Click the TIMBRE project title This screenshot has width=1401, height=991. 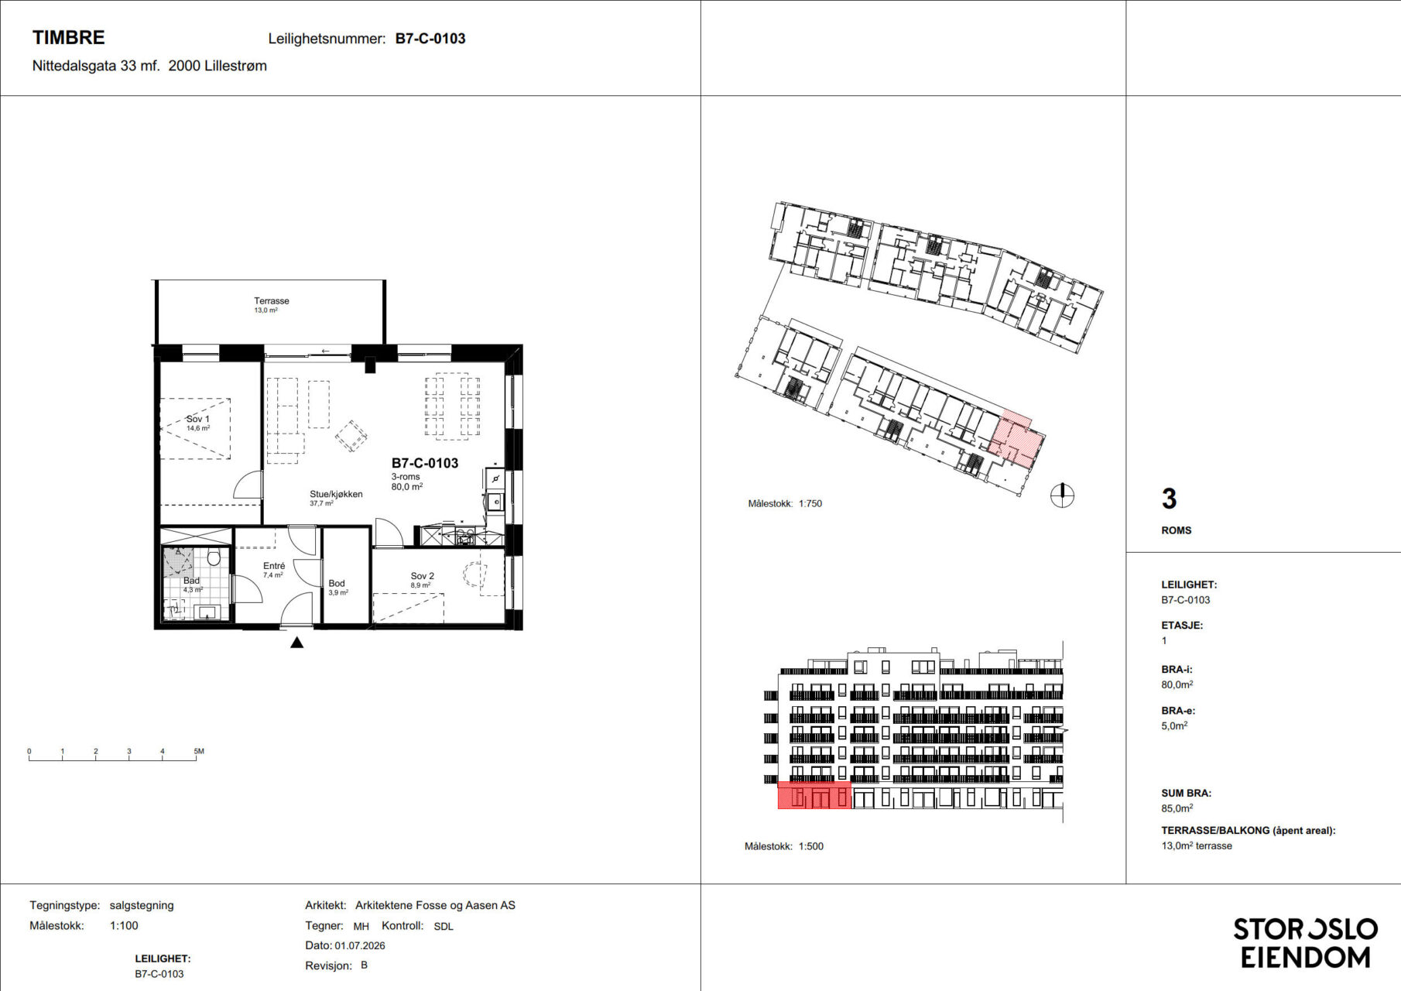tap(68, 37)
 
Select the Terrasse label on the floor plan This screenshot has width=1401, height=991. tap(271, 300)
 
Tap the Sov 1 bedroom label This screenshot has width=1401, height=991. tap(197, 419)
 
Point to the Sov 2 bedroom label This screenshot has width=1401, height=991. tap(422, 576)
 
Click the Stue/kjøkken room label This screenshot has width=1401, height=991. tap(336, 494)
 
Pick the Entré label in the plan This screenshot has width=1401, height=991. tap(274, 566)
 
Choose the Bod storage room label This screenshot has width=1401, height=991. tap(337, 584)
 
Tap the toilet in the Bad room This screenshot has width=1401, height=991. tap(214, 557)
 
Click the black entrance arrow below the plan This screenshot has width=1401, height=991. tap(296, 642)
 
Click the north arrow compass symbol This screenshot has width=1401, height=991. tap(1062, 495)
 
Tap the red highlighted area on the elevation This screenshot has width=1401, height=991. tap(814, 795)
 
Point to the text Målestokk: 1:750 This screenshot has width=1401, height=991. tap(785, 503)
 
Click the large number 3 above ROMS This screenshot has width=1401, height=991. tap(1169, 499)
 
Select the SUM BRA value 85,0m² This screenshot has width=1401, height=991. tap(1177, 808)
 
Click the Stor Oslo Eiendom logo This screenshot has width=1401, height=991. tap(1305, 943)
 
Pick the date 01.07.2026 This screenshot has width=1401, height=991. tap(360, 945)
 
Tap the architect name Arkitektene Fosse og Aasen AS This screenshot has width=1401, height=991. tap(435, 905)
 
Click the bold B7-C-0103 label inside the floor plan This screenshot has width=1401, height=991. tap(425, 463)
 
